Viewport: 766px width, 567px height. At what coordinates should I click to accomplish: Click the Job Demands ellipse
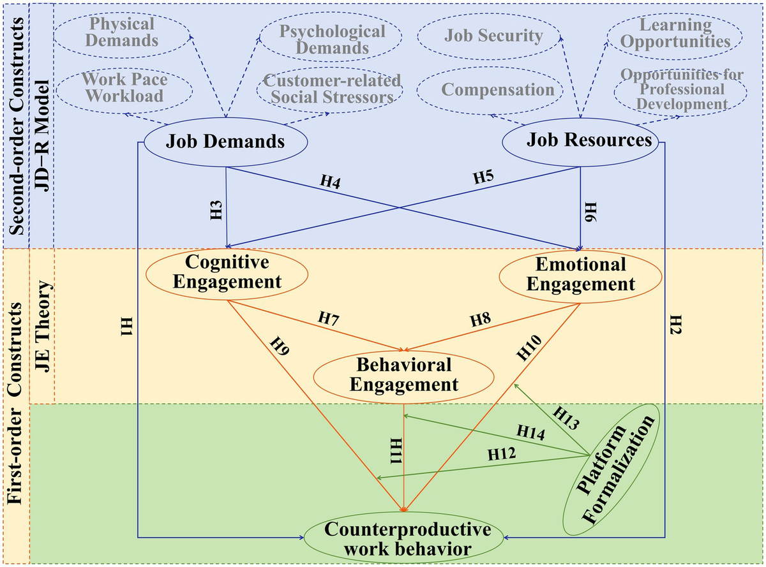tap(225, 142)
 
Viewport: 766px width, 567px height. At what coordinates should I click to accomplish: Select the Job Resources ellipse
tap(580, 142)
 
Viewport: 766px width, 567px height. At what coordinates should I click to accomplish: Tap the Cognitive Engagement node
tap(227, 274)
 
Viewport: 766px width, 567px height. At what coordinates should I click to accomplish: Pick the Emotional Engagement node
tap(580, 276)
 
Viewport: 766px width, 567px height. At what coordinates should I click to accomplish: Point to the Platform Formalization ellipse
tap(612, 469)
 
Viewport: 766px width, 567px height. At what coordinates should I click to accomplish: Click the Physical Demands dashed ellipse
tap(122, 33)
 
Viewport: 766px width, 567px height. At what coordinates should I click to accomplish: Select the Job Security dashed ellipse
tap(488, 36)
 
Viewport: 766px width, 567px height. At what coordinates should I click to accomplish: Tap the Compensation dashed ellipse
tap(490, 91)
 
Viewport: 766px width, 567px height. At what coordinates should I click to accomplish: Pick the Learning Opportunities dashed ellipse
tap(675, 36)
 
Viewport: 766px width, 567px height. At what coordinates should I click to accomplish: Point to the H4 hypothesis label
tap(330, 182)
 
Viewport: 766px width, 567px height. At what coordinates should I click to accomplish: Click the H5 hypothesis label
tap(483, 177)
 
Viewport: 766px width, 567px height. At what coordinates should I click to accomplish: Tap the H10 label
tap(529, 348)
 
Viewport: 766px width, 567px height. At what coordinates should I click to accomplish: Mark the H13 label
tap(566, 418)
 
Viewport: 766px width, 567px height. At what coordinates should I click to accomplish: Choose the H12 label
tap(502, 454)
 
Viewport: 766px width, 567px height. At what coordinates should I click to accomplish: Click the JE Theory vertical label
tap(44, 326)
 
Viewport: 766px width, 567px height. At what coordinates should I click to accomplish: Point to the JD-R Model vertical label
tap(43, 136)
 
